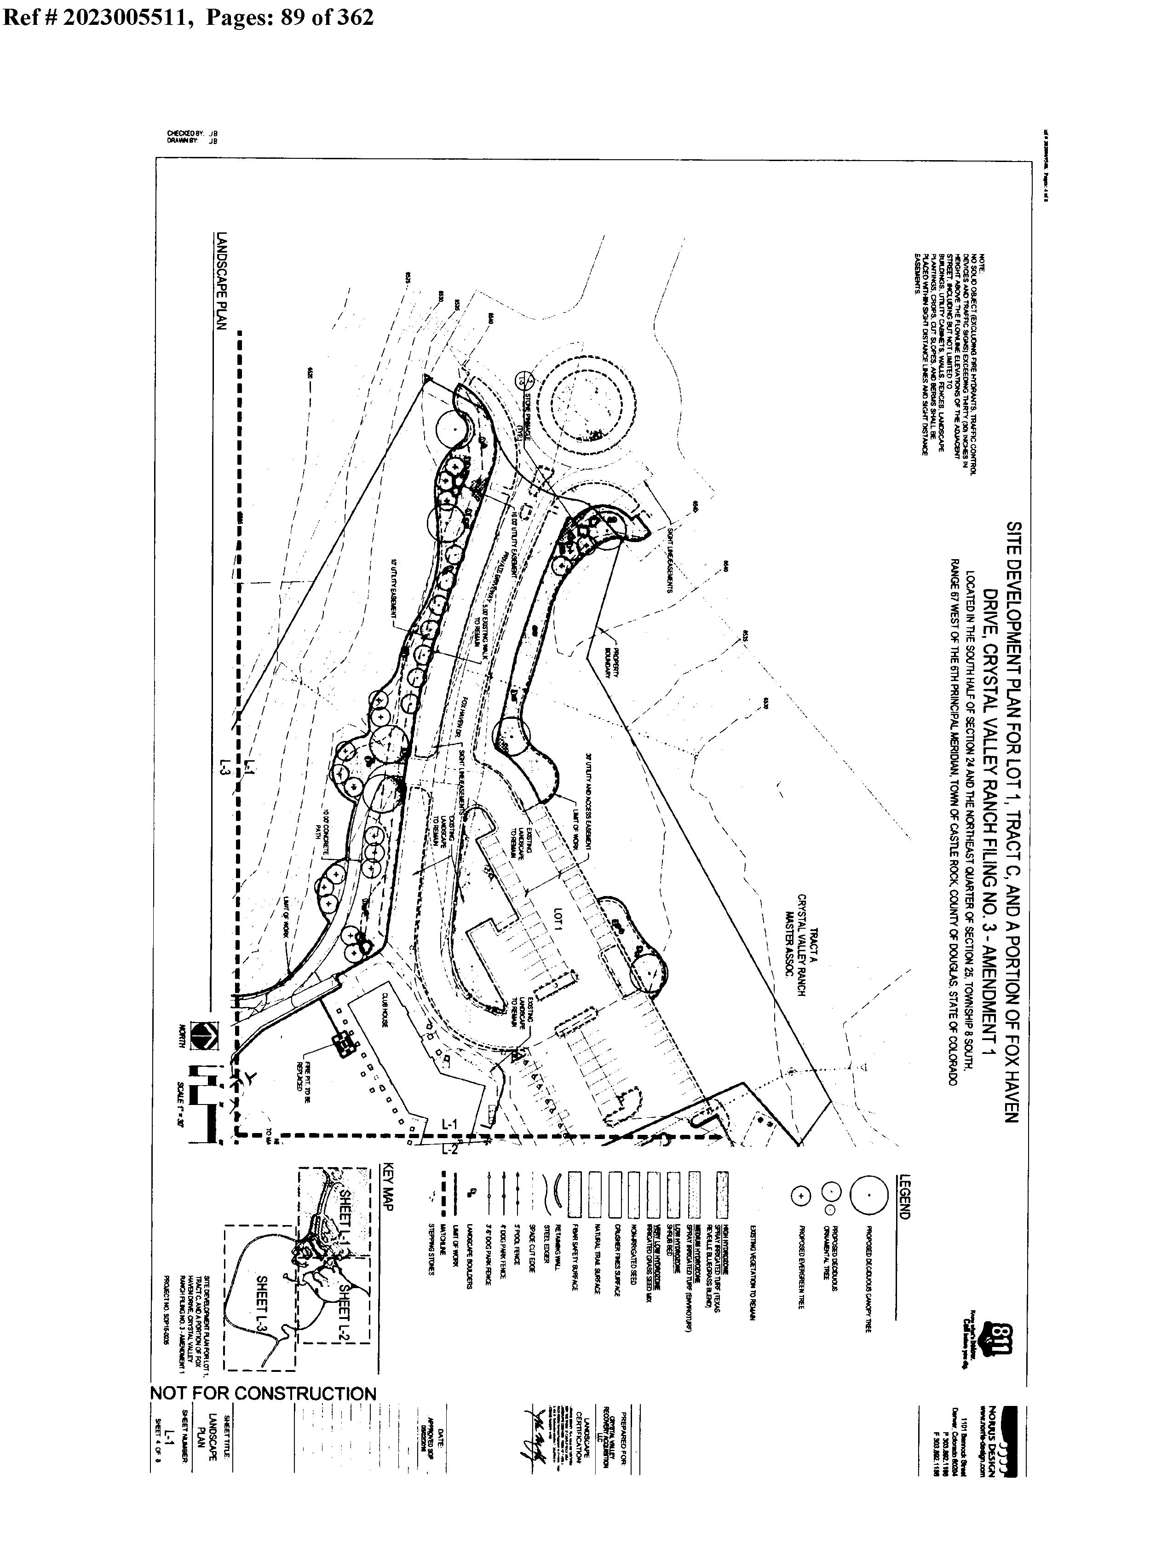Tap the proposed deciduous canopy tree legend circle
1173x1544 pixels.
click(868, 1195)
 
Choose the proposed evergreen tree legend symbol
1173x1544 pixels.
click(801, 1196)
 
